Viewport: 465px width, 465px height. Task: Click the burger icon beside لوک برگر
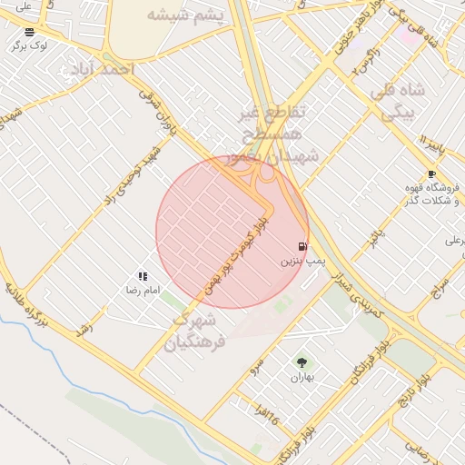[x=29, y=32]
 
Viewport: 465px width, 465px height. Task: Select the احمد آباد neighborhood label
[x=103, y=69]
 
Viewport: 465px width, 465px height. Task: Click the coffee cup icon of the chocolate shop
[x=431, y=173]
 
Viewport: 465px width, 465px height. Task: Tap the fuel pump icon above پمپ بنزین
[x=302, y=246]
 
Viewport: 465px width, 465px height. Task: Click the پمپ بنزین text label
[x=302, y=261]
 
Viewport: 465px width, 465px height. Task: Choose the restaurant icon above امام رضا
[x=143, y=276]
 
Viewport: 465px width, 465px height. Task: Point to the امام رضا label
[x=143, y=290]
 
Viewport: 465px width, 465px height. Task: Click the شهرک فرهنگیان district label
[x=193, y=331]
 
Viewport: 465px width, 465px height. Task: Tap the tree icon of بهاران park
[x=302, y=362]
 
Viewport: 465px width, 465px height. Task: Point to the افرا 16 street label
[x=267, y=417]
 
